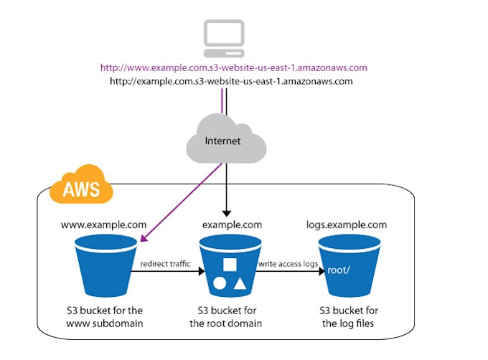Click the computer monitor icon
(224, 39)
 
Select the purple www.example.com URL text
(234, 68)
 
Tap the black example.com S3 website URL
(231, 82)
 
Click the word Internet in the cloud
(222, 141)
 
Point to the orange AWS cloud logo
(81, 185)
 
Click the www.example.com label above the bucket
(103, 224)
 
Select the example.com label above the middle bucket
(233, 224)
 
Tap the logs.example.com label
(347, 224)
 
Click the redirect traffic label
(165, 264)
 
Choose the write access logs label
(288, 264)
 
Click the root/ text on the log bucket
(339, 270)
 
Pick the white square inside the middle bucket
(230, 265)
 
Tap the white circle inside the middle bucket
(220, 283)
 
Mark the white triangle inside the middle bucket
(240, 284)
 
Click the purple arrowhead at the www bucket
(144, 238)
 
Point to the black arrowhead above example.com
(227, 213)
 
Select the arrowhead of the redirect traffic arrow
(202, 271)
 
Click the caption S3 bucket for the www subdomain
(105, 317)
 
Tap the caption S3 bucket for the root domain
(226, 317)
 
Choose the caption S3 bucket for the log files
(349, 317)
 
